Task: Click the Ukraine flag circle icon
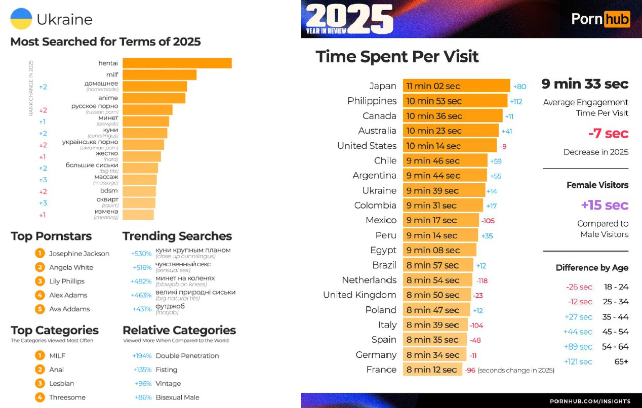[x=21, y=19]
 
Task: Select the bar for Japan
[x=456, y=86]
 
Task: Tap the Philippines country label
[x=372, y=101]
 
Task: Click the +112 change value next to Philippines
[x=516, y=101]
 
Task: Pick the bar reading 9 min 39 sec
[x=444, y=191]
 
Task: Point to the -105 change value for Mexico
[x=488, y=221]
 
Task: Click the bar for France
[x=432, y=370]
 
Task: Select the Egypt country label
[x=383, y=250]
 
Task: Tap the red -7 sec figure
[x=608, y=134]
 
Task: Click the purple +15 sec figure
[x=605, y=205]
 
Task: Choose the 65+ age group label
[x=621, y=361]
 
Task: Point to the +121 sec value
[x=578, y=361]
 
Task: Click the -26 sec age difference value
[x=579, y=287]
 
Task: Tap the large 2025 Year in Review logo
[x=349, y=19]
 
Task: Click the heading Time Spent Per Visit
[x=397, y=56]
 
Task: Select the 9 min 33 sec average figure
[x=585, y=84]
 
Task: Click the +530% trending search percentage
[x=141, y=254]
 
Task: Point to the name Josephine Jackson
[x=79, y=254]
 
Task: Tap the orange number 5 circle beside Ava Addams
[x=40, y=309]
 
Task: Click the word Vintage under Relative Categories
[x=168, y=384]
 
